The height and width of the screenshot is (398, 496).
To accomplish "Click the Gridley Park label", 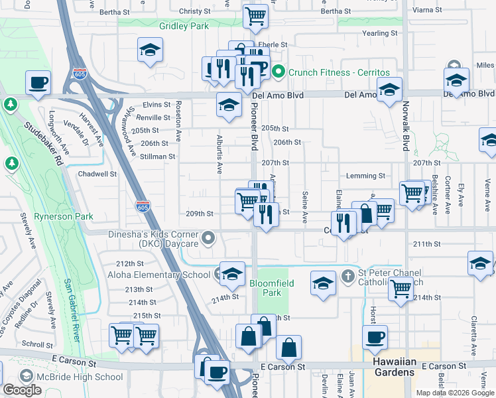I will (184, 26).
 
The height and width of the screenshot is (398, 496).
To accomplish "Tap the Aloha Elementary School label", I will (159, 275).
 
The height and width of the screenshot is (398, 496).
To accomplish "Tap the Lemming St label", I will (365, 176).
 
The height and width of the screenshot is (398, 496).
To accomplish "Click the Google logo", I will (22, 390).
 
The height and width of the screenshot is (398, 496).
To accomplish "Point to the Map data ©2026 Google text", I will (455, 393).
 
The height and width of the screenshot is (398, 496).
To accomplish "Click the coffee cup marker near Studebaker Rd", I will (38, 84).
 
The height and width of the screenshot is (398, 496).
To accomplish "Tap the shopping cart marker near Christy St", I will (255, 17).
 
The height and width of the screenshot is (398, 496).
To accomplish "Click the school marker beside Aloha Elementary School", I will (232, 274).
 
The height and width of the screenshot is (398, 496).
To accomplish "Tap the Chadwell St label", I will (97, 174).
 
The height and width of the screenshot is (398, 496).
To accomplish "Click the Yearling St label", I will (379, 33).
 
